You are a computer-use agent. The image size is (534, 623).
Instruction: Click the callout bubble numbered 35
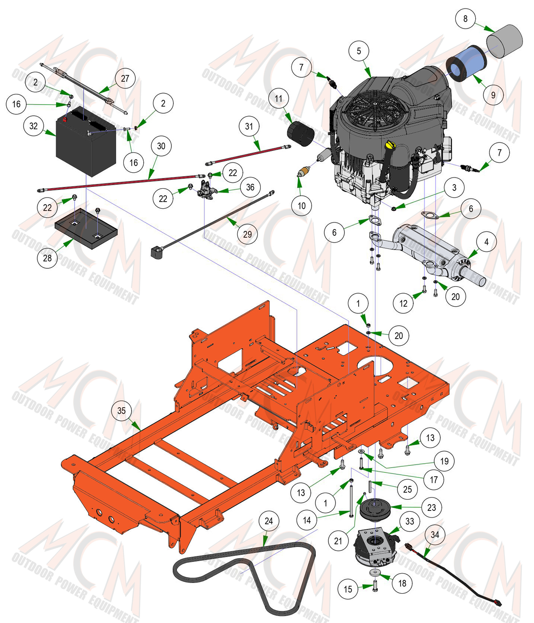pos(121,410)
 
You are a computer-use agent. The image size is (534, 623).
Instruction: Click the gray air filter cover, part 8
pos(505,41)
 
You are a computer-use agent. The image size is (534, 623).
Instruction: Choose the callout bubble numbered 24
pos(268,521)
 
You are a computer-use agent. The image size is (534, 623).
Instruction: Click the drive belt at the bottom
pos(245,576)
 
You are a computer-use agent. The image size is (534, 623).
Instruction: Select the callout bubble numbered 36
pos(250,187)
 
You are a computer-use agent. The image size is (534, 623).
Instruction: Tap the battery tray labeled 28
pos(86,228)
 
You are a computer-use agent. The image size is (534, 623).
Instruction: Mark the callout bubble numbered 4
pos(486,242)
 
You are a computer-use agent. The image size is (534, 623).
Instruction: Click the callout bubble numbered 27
pos(125,78)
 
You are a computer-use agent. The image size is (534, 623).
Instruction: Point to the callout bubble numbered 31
pos(249,126)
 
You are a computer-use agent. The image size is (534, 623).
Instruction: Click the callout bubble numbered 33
pos(409,521)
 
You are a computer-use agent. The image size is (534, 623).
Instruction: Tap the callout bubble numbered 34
pos(435,535)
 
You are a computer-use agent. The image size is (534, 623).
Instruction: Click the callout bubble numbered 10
pos(302,206)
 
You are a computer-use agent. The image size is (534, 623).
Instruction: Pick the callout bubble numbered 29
pos(247,234)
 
